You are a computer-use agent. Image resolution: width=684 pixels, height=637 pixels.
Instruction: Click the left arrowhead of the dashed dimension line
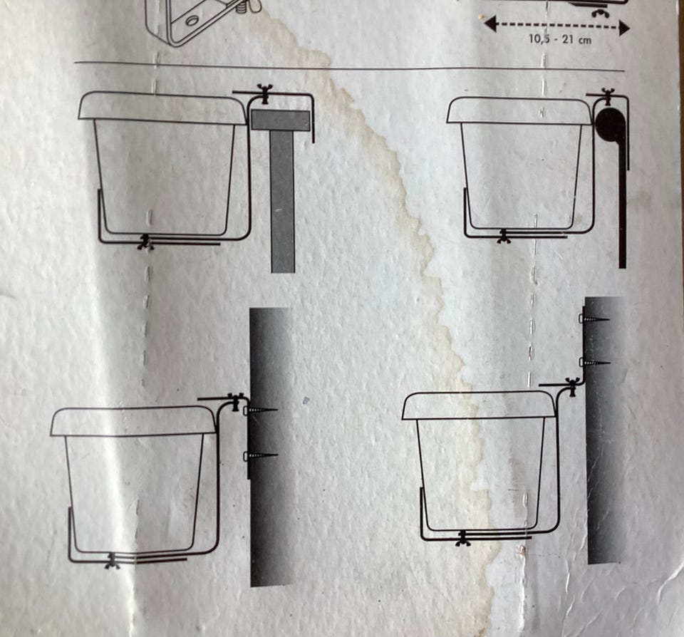pos(490,24)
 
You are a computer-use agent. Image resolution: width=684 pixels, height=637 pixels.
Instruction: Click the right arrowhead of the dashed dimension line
pos(624,29)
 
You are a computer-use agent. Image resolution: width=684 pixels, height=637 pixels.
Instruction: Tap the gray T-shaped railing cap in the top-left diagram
pos(281,120)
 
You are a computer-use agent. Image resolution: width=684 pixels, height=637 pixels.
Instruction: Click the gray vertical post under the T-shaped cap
pos(282,202)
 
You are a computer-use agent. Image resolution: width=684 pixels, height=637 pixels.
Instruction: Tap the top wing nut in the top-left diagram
pos(264,94)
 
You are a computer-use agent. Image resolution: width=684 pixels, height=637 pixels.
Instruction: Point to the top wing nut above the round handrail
pos(606,96)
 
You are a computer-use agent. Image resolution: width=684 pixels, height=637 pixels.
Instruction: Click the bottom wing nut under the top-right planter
pos(504,236)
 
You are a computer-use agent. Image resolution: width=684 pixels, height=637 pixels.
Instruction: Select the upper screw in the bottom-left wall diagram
pos(261,410)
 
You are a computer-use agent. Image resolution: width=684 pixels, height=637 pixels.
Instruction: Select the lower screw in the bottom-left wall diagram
pos(261,456)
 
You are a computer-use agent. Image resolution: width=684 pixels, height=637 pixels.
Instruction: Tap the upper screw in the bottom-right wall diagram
pos(594,319)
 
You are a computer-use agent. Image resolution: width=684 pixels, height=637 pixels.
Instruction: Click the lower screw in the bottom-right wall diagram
pos(594,362)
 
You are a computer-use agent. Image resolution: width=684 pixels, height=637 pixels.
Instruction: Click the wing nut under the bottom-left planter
pos(113,561)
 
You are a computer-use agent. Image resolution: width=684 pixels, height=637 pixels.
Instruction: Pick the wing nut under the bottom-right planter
pos(462,538)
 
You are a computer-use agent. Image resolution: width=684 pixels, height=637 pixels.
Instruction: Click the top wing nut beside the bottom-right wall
pos(571,387)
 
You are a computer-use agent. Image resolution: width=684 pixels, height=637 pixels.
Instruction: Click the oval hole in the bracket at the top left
pos(191,21)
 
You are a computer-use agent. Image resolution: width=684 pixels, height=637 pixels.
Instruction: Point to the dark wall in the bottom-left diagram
pos(271,447)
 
